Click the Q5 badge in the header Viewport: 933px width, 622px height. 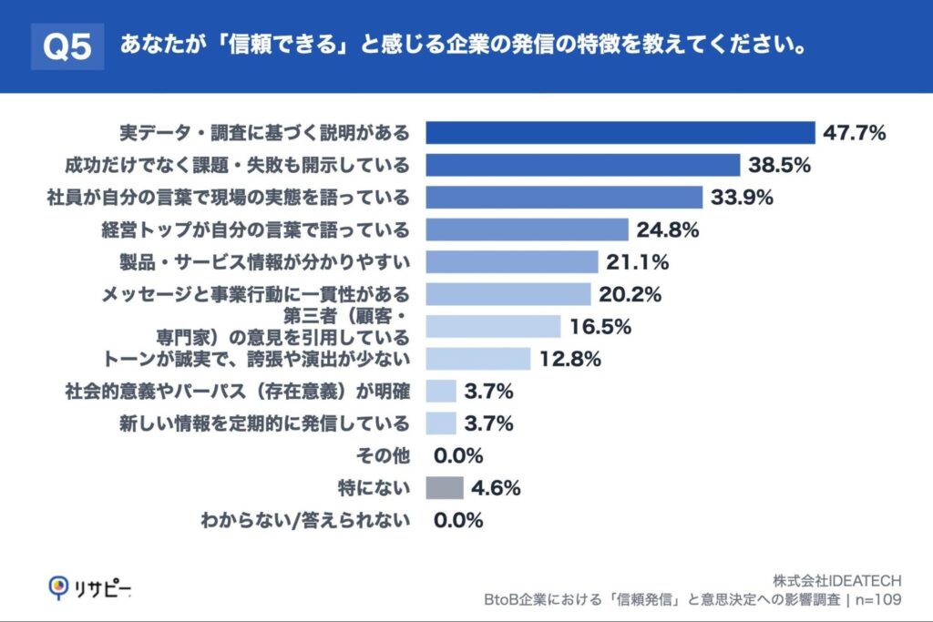67,46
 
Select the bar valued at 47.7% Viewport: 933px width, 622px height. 620,133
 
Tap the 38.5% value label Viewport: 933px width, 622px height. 779,166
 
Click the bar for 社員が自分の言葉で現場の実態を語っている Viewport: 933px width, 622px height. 564,198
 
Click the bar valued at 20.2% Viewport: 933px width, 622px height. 508,294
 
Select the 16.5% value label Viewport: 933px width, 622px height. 600,326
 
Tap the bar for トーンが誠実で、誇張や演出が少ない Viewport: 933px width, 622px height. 484,359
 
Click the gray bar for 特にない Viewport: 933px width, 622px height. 445,488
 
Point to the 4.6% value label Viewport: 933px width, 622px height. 496,488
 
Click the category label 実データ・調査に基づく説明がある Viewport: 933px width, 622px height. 265,133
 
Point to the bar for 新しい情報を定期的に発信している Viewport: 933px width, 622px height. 441,423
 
